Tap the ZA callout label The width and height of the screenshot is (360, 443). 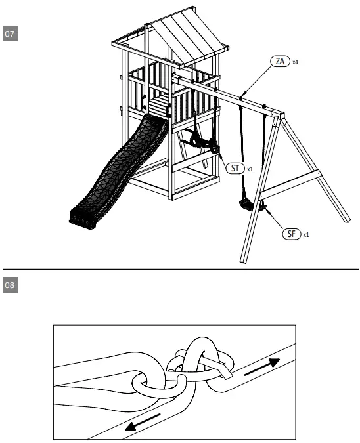281,61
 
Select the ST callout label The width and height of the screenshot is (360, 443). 236,169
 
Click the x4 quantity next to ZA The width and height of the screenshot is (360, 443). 296,62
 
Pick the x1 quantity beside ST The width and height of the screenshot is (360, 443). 250,169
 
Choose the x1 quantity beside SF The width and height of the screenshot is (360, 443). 307,234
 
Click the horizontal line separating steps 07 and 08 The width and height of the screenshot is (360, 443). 180,269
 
